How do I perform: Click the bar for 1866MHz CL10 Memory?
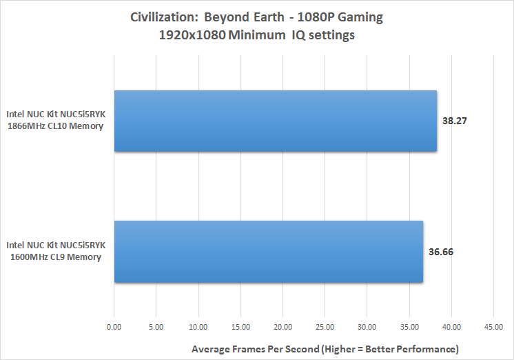(x=276, y=121)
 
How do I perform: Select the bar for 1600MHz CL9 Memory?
(x=269, y=251)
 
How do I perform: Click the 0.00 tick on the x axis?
(x=114, y=327)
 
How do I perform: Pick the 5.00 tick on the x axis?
(x=156, y=327)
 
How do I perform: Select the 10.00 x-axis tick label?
(x=198, y=327)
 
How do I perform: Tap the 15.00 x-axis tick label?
(x=240, y=327)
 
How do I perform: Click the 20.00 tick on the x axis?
(x=282, y=327)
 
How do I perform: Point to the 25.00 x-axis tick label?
(x=325, y=327)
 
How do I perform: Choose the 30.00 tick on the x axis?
(x=367, y=327)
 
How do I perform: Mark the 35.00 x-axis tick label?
(x=409, y=327)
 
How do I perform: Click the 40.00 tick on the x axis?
(x=451, y=327)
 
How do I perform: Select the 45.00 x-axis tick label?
(x=493, y=327)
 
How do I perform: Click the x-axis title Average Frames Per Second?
(x=325, y=348)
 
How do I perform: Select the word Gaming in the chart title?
(x=359, y=17)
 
